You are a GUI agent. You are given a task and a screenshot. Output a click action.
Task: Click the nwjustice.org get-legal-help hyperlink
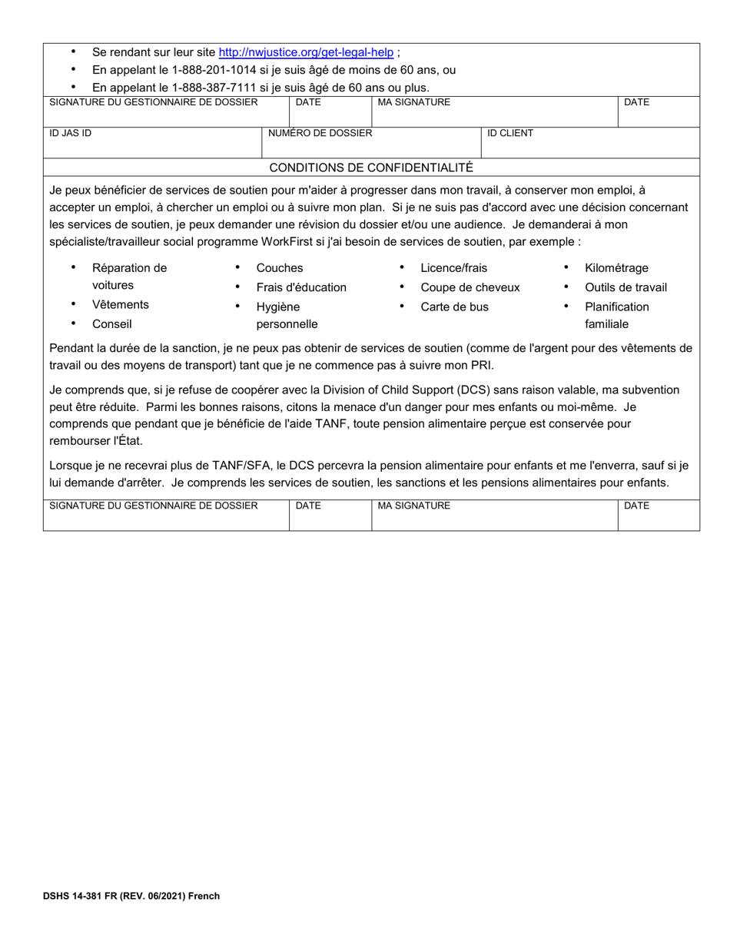pos(306,52)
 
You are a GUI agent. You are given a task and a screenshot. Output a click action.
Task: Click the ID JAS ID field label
pos(71,133)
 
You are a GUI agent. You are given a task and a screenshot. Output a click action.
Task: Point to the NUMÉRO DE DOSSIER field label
pos(320,133)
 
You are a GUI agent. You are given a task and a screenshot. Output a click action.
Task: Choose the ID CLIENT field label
pos(510,133)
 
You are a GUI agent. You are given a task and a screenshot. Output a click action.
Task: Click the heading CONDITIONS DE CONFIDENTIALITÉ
pos(371,167)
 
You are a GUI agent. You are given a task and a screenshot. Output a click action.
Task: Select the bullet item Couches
pos(280,268)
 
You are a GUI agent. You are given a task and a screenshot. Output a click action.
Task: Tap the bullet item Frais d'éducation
pos(301,287)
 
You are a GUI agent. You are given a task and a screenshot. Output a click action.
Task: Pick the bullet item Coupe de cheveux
pos(470,287)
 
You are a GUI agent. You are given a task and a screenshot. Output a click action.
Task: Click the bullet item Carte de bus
pos(454,307)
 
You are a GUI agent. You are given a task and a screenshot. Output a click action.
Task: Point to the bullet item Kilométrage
pos(616,268)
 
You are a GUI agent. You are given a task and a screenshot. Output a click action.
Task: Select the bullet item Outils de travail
pos(625,287)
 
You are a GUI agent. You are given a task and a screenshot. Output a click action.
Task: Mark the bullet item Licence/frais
pos(453,268)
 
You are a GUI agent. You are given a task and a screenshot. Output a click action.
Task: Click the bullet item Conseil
pos(112,323)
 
